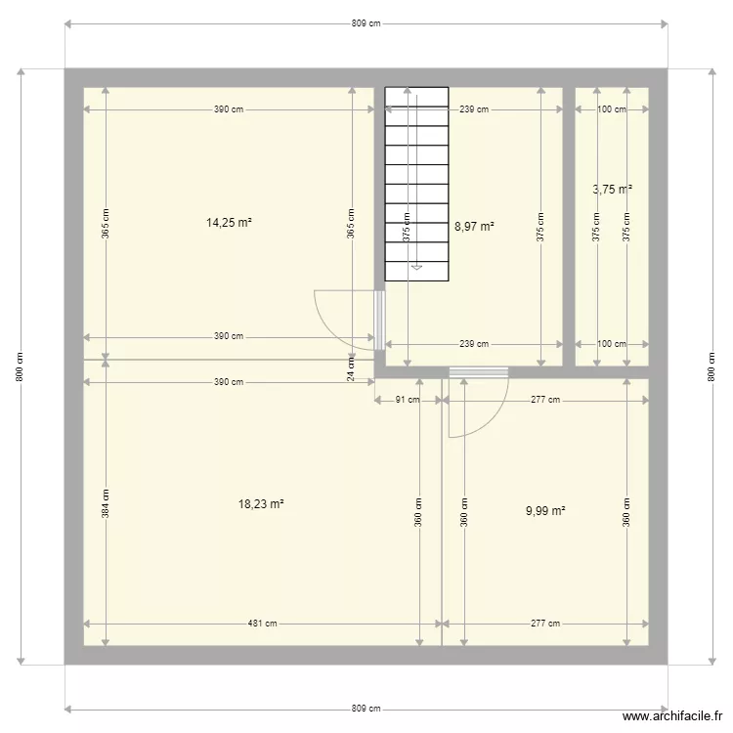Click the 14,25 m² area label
[x=229, y=222]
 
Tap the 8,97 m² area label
[x=474, y=226]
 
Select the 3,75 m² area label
[x=612, y=190]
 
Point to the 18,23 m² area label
[x=261, y=504]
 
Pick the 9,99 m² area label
[x=545, y=510]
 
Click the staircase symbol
[x=416, y=184]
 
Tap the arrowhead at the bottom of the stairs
[x=416, y=265]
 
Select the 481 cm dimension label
[x=262, y=624]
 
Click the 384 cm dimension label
[x=106, y=502]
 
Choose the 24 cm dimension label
[x=351, y=367]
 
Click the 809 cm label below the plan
[x=366, y=709]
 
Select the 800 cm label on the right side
[x=711, y=366]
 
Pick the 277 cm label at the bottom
[x=545, y=624]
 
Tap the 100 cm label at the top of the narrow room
[x=612, y=109]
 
